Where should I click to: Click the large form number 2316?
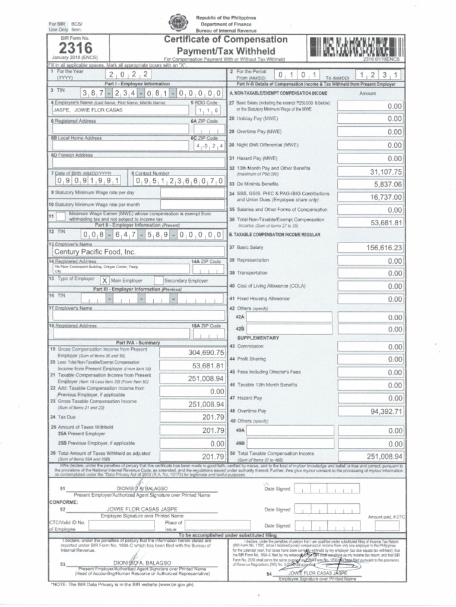pyautogui.click(x=72, y=49)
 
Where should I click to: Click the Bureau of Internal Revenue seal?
pyautogui.click(x=178, y=23)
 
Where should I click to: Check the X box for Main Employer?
pyautogui.click(x=104, y=280)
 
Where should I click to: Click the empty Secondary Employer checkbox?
pyautogui.click(x=159, y=280)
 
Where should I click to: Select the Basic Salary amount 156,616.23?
pyautogui.click(x=384, y=248)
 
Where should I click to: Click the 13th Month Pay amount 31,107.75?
pyautogui.click(x=386, y=172)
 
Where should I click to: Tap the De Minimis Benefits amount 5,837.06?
pyautogui.click(x=388, y=184)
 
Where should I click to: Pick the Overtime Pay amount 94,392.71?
pyautogui.click(x=386, y=411)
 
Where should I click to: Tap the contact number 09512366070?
pyautogui.click(x=178, y=181)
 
